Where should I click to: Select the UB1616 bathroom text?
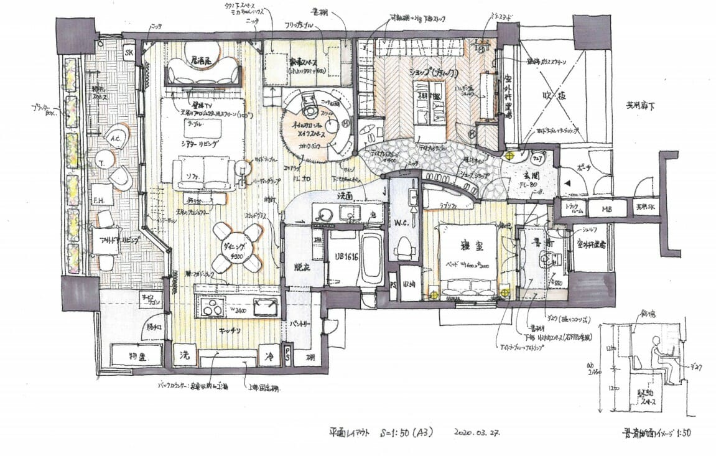pyautogui.click(x=338, y=256)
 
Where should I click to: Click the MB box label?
pyautogui.click(x=606, y=209)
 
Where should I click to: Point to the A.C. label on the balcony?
pyautogui.click(x=116, y=139)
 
